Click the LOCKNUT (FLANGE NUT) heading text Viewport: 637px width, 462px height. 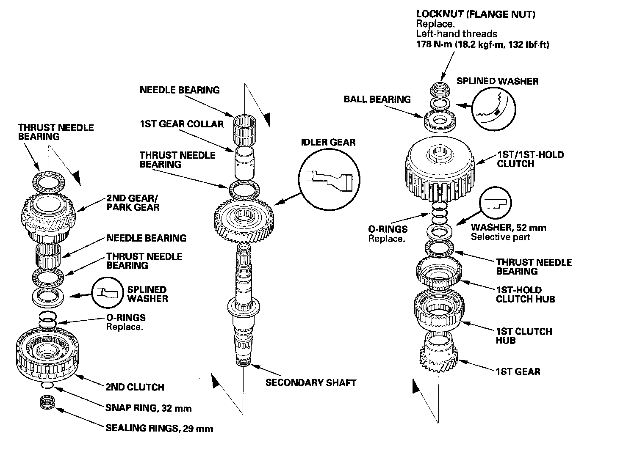476,15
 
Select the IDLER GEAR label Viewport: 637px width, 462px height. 328,142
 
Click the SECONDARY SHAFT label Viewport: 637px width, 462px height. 311,383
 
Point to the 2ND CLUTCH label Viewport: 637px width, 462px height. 135,387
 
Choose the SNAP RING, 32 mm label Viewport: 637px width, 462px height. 148,408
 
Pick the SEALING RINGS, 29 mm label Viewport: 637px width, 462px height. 159,429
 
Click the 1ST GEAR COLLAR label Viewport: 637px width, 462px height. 181,124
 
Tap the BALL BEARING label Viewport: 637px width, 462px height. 377,99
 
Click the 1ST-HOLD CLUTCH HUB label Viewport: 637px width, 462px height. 525,294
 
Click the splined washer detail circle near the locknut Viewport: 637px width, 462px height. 494,109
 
